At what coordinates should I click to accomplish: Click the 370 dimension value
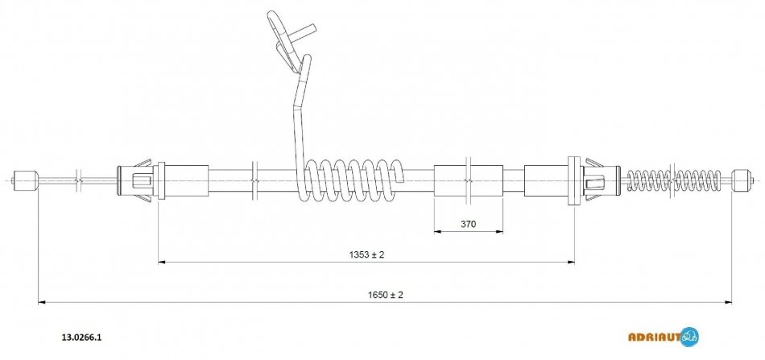click(x=468, y=225)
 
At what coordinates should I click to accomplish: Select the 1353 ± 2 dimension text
click(x=366, y=254)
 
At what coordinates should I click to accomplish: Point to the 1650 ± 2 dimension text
click(x=386, y=295)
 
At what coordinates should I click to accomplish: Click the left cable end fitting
click(x=25, y=180)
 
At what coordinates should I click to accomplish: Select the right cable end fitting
click(x=741, y=180)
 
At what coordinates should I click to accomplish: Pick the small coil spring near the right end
click(x=674, y=180)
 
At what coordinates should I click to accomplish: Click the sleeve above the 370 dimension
click(x=469, y=180)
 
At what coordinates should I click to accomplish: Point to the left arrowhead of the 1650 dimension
click(x=41, y=303)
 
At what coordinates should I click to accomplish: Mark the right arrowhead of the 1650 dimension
click(x=729, y=303)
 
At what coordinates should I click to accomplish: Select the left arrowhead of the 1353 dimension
click(x=162, y=263)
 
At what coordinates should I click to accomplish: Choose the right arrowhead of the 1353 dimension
click(x=570, y=263)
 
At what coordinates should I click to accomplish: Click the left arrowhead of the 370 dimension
click(x=437, y=232)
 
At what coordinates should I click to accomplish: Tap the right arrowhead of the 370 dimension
click(x=499, y=232)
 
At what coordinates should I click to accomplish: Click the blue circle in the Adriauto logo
click(x=689, y=337)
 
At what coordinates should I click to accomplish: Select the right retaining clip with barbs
click(x=594, y=180)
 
